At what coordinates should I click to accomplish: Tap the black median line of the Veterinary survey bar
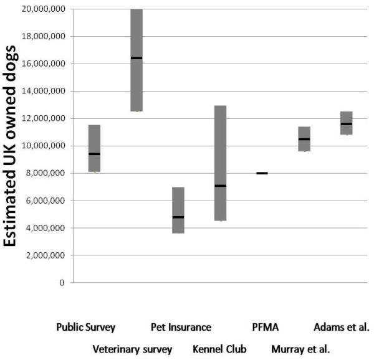137,58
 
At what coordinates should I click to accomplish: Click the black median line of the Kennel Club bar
220,186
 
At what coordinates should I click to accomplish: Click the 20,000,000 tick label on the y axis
43,9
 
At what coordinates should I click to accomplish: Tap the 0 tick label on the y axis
61,283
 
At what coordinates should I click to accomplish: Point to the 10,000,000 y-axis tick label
43,146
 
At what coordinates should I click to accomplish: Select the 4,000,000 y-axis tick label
45,228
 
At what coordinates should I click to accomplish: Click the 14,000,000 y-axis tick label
43,91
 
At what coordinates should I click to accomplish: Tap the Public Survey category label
85,327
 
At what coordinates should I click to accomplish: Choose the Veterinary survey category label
132,349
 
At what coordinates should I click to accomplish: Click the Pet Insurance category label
181,327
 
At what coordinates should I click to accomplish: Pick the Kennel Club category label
220,349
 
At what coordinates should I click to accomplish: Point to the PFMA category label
265,327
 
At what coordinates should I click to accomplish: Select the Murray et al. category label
300,349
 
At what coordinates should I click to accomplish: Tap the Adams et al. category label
342,327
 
